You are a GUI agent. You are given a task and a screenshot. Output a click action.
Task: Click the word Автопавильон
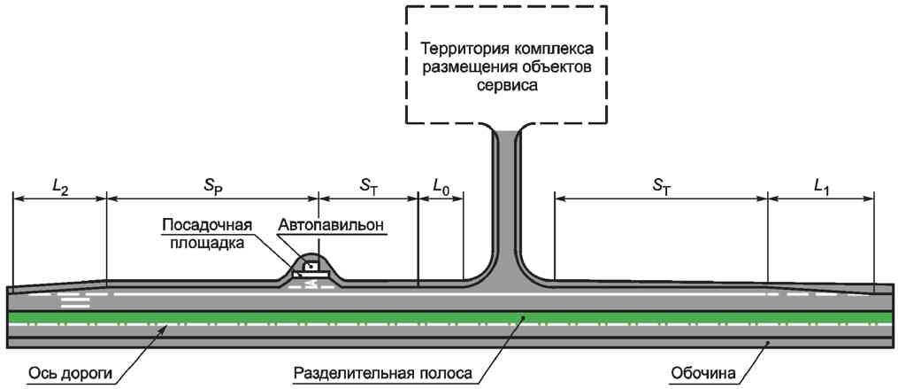(x=332, y=226)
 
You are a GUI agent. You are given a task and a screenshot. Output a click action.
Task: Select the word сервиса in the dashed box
(x=506, y=86)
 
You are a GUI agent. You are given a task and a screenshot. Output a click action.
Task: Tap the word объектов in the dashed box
(x=556, y=67)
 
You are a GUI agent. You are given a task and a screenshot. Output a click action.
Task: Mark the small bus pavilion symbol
(x=311, y=265)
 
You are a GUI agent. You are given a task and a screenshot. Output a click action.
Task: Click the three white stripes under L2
(x=75, y=301)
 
